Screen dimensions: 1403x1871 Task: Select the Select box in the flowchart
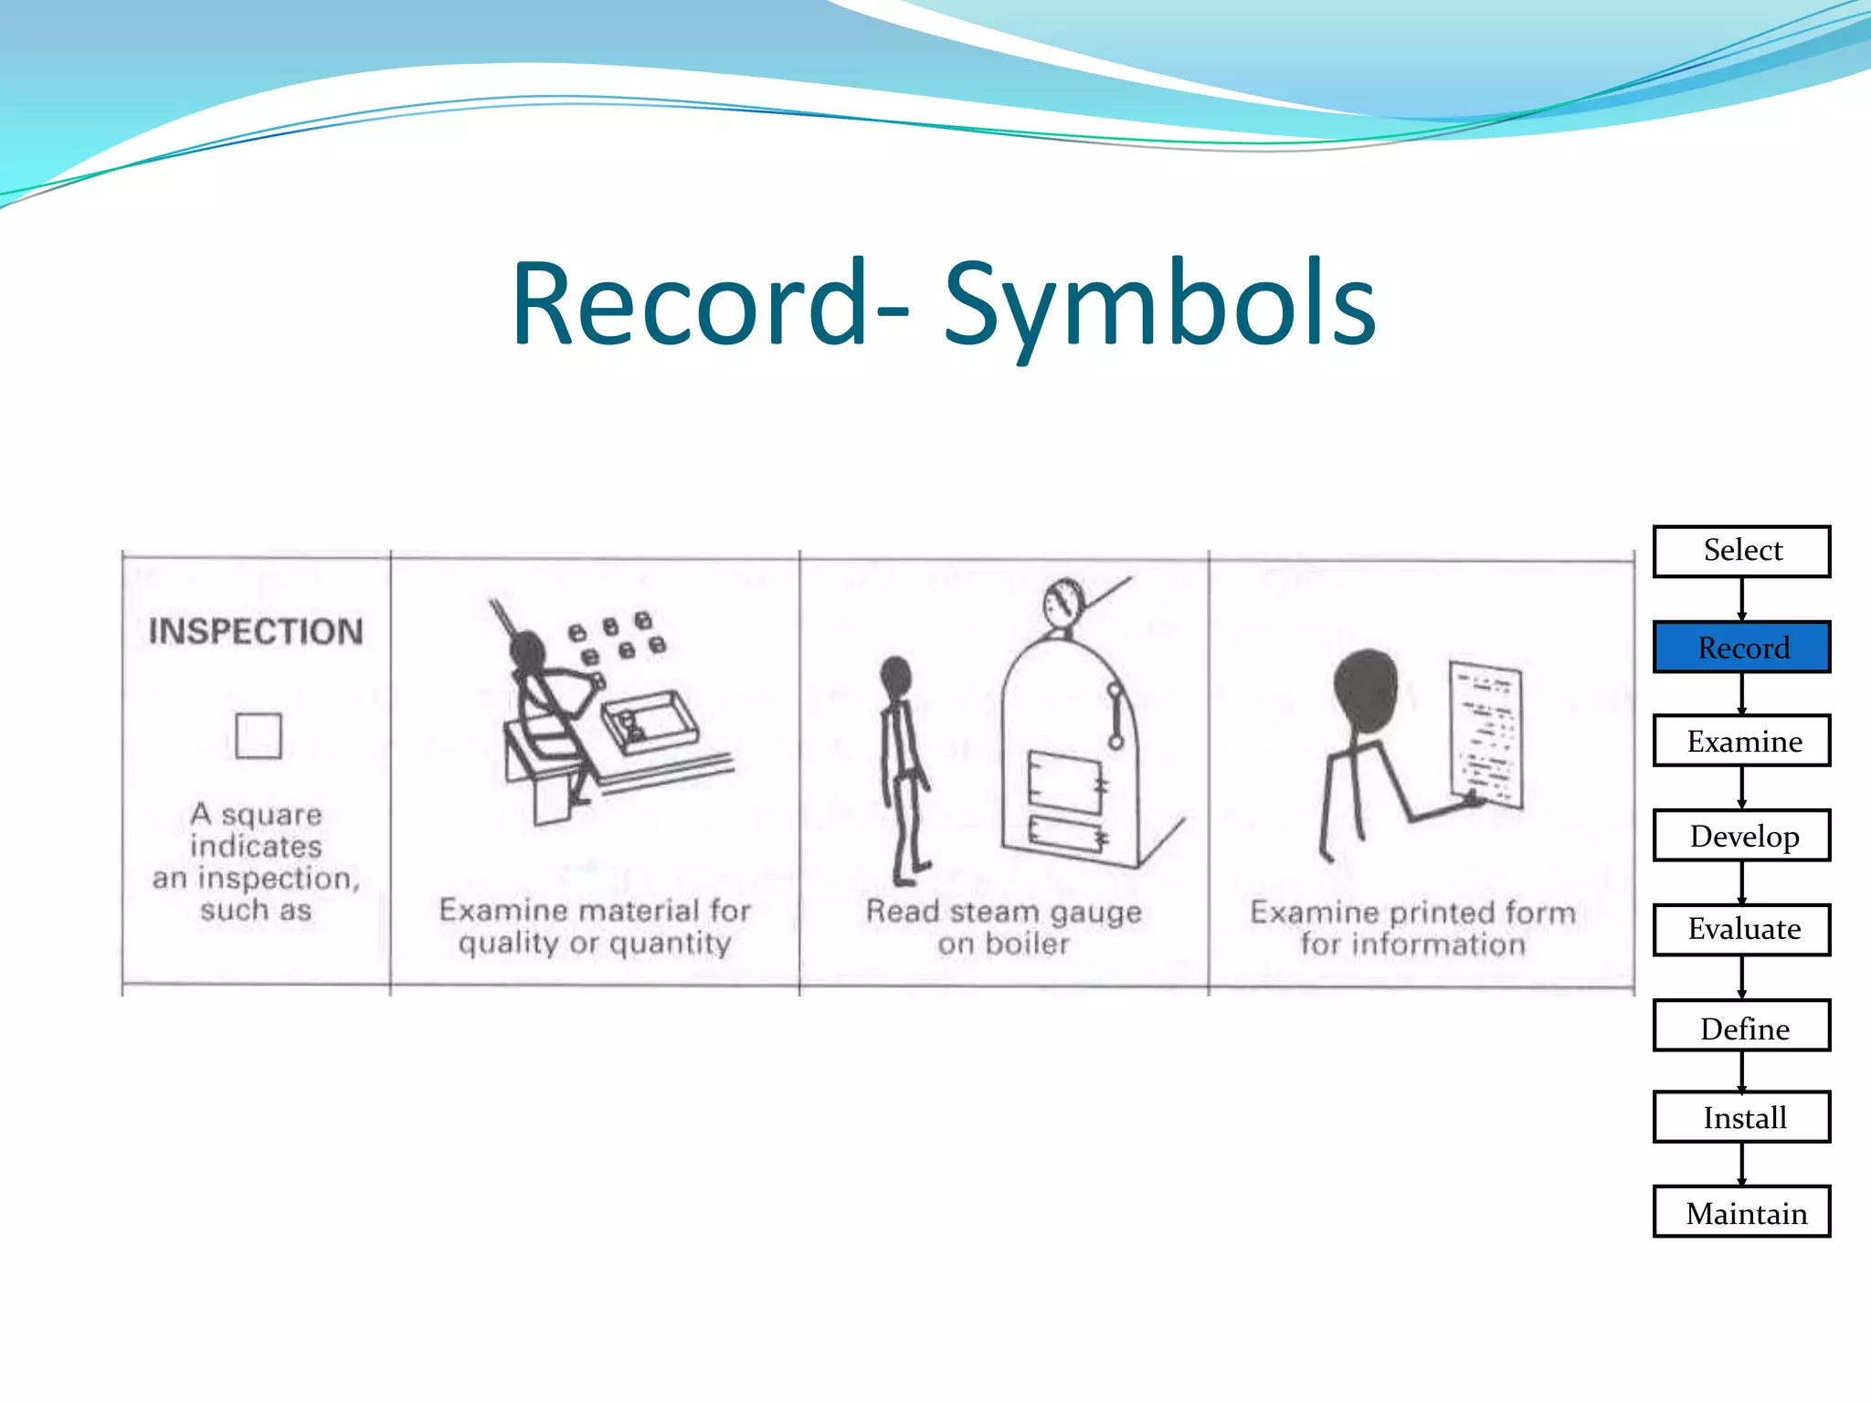(1741, 551)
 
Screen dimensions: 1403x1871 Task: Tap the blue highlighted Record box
(1741, 648)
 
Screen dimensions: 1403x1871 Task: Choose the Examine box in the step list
(1741, 741)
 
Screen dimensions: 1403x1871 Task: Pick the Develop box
(1741, 836)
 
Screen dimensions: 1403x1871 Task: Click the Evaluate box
(1741, 930)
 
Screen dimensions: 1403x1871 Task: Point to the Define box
(1741, 1027)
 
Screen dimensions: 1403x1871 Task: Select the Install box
(1741, 1117)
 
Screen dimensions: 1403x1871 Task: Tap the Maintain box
(1741, 1213)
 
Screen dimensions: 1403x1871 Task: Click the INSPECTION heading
(256, 632)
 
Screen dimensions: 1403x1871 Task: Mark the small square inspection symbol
(259, 735)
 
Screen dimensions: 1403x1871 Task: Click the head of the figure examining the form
(1366, 690)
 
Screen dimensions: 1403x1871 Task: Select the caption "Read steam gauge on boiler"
(1003, 927)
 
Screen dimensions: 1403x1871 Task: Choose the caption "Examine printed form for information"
(1412, 927)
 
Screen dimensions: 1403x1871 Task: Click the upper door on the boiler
(1065, 781)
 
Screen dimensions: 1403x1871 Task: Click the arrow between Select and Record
(1741, 599)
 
